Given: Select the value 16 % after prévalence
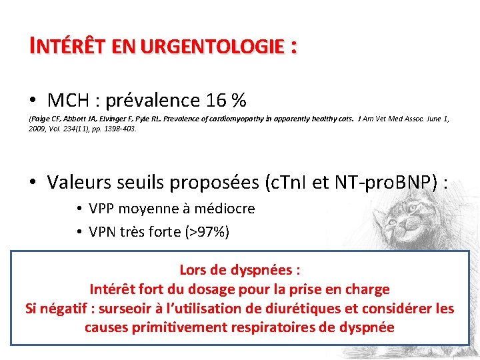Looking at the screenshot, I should click(227, 101).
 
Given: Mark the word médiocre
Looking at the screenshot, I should click(226, 209).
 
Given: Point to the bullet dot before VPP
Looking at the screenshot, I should click(79, 209).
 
